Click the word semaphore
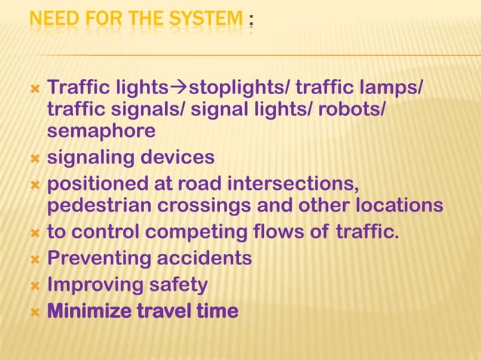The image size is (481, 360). tap(101, 131)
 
